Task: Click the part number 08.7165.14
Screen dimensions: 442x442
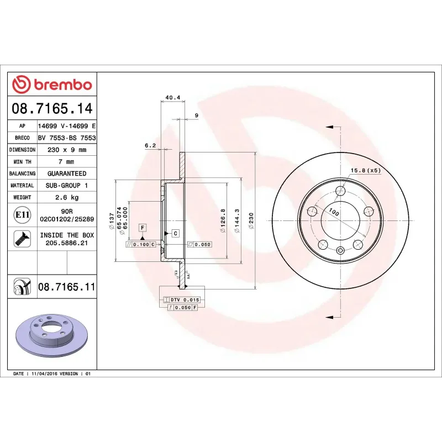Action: click(52, 108)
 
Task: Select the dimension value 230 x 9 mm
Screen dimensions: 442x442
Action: click(66, 150)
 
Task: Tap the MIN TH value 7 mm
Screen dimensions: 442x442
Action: click(66, 162)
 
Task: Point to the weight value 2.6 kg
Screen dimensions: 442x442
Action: click(66, 197)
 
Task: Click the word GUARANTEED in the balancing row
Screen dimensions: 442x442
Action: click(66, 173)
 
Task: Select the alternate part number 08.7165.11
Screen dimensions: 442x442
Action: click(66, 287)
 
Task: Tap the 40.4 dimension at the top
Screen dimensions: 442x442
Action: click(172, 98)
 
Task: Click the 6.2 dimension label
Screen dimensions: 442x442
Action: click(150, 145)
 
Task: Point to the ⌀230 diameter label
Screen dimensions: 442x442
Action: click(252, 219)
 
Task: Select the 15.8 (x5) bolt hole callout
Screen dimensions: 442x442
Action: click(366, 170)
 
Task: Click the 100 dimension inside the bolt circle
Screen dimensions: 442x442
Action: click(334, 212)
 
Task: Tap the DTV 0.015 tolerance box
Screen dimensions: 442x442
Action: click(181, 299)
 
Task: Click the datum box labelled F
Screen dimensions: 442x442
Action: click(142, 228)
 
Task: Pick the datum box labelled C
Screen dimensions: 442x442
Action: click(175, 233)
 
